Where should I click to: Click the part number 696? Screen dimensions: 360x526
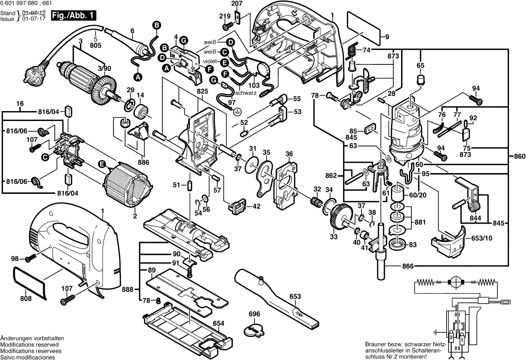point(254,314)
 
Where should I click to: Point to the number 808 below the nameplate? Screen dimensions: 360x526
point(26,299)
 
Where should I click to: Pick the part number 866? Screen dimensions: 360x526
point(394,267)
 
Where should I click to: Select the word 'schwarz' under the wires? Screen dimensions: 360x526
point(246,92)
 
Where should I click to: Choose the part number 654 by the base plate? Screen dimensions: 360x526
point(219,323)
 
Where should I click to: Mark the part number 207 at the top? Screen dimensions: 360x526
point(237,4)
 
